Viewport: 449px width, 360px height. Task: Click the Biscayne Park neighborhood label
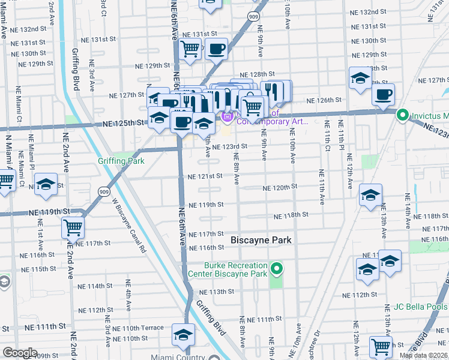pyautogui.click(x=261, y=240)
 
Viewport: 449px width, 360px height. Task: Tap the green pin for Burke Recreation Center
pyautogui.click(x=276, y=268)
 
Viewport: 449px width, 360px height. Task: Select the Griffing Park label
pyautogui.click(x=121, y=161)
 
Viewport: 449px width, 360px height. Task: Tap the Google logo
pyautogui.click(x=19, y=353)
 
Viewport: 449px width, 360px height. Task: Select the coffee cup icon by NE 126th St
pyautogui.click(x=382, y=94)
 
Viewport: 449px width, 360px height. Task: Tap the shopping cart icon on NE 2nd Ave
pyautogui.click(x=73, y=227)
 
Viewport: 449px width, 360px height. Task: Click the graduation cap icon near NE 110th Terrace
pyautogui.click(x=183, y=335)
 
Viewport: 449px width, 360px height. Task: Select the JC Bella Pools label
pyautogui.click(x=421, y=307)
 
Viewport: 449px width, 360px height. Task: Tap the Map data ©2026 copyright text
pyautogui.click(x=423, y=355)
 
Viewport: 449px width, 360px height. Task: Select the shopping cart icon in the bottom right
pyautogui.click(x=381, y=346)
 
